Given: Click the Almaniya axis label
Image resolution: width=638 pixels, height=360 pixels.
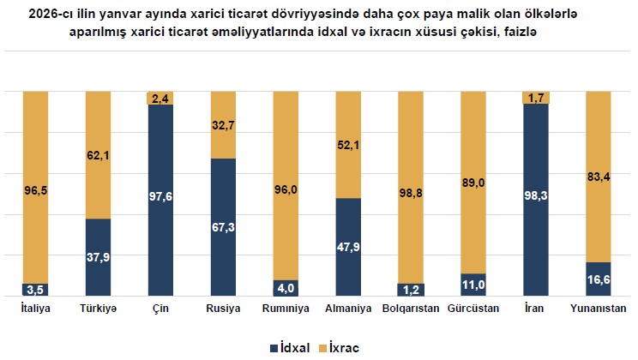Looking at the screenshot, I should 348,308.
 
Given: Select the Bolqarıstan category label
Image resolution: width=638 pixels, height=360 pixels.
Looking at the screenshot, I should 411,308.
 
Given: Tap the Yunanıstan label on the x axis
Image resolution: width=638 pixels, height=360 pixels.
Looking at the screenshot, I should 599,308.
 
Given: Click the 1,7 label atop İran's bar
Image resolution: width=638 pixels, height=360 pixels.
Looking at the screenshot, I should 536,98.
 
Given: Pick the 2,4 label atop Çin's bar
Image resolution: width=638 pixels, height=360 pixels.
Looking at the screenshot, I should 161,99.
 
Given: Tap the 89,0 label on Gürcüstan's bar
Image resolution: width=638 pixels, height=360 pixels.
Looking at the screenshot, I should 473,182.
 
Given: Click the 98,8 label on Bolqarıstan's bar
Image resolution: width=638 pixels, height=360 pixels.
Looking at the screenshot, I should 411,193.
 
